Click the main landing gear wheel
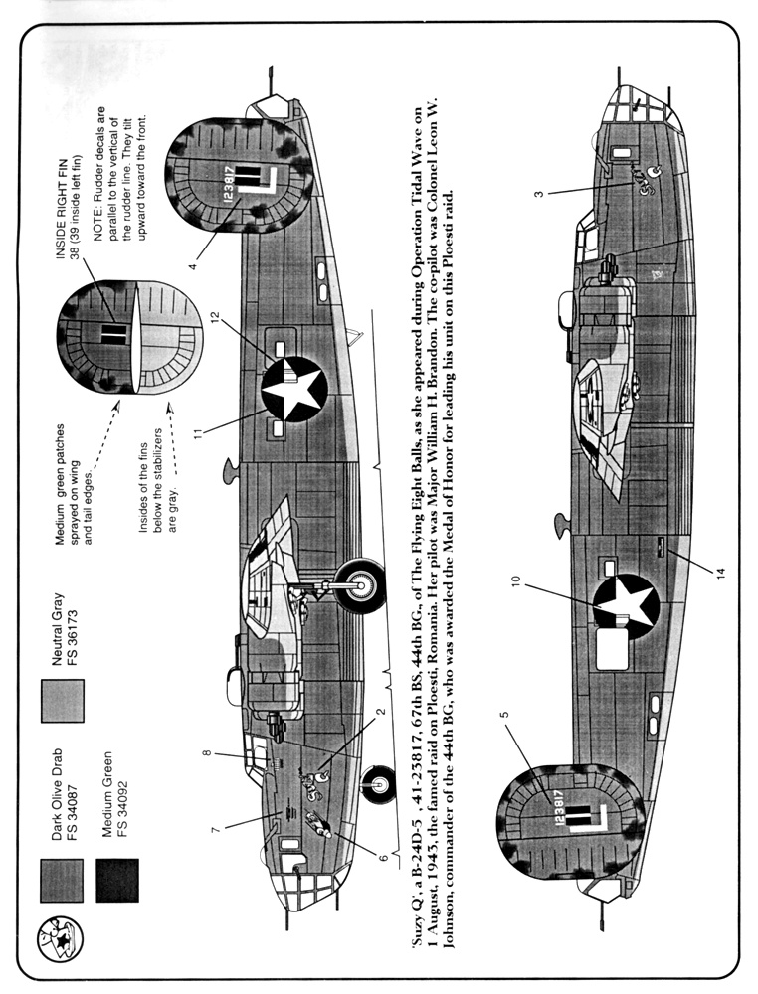[x=360, y=585]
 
